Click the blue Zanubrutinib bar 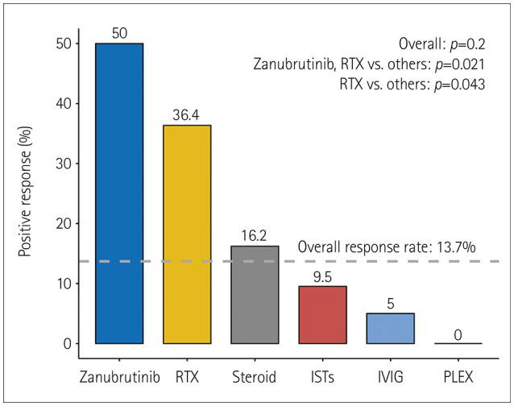click(119, 193)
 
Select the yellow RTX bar click(187, 234)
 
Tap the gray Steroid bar click(255, 295)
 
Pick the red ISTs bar click(322, 315)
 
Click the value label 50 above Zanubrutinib click(119, 32)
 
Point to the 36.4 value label click(187, 114)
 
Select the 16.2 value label click(255, 235)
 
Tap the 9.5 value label click(322, 275)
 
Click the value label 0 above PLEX click(458, 333)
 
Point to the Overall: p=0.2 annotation click(441, 44)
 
